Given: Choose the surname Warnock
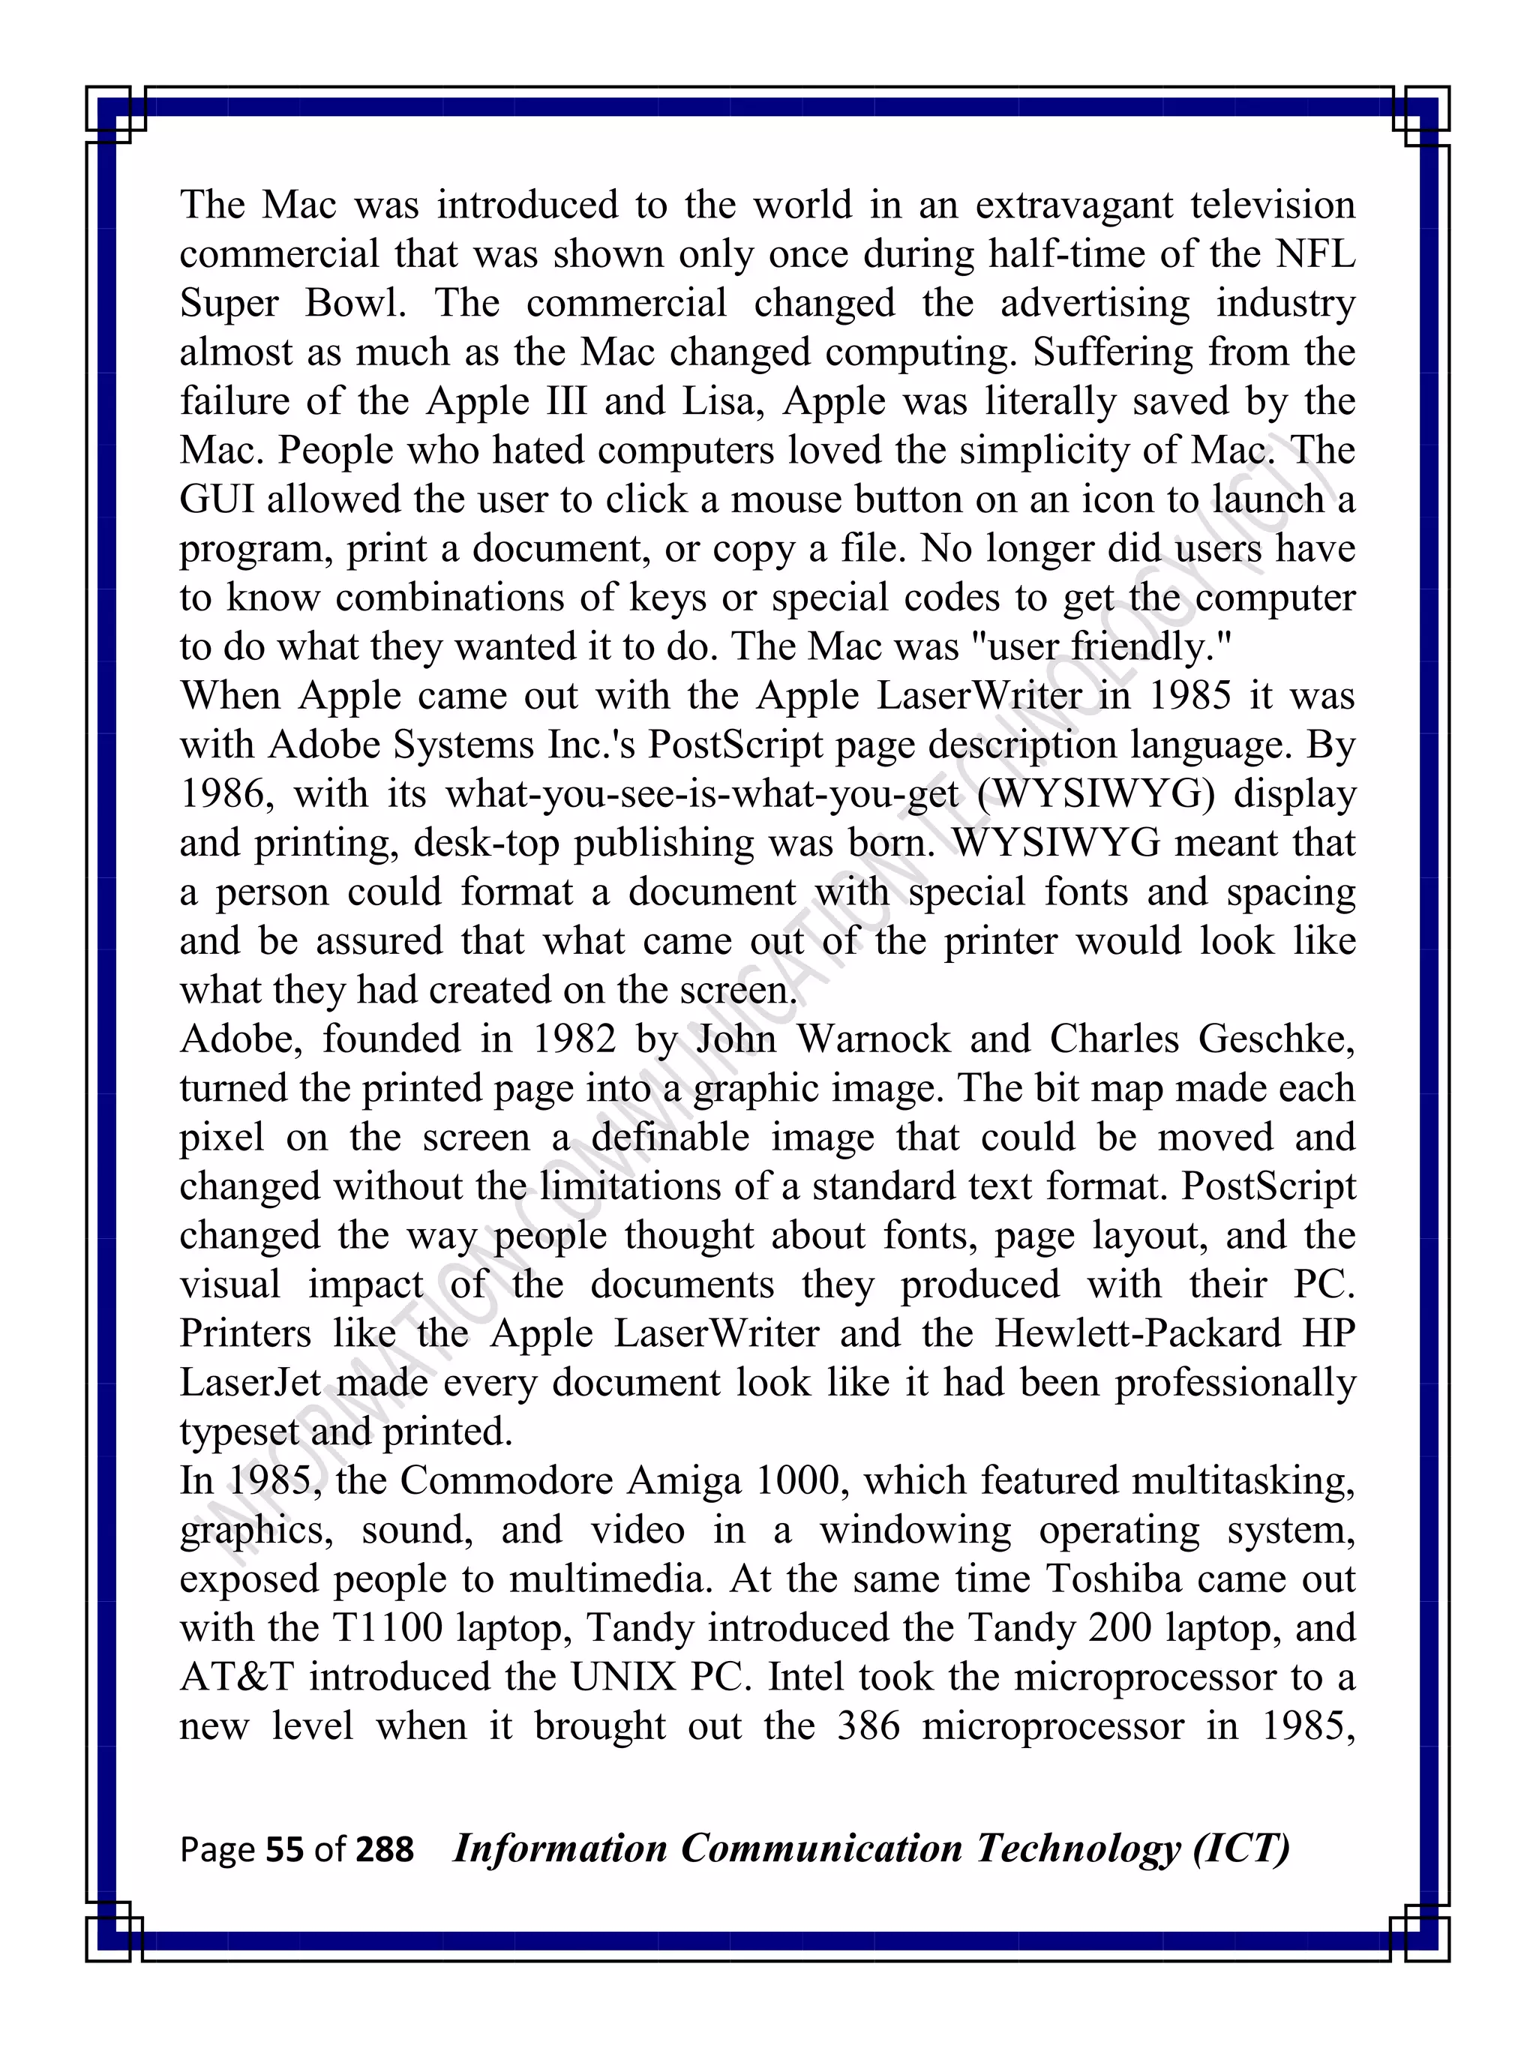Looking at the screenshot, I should (x=873, y=1039).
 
